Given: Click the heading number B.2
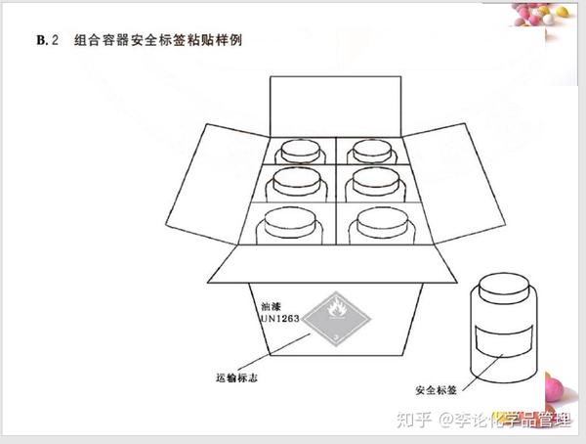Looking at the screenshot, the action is pyautogui.click(x=47, y=40).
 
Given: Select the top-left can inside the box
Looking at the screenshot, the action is pyautogui.click(x=296, y=151).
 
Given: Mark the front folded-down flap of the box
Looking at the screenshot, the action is pyautogui.click(x=332, y=264).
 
